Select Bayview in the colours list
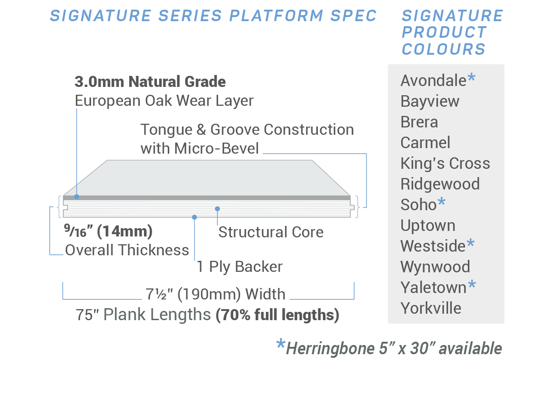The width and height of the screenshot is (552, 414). tap(430, 102)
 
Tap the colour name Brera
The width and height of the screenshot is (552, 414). tap(419, 122)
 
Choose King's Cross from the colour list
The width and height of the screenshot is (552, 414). tap(445, 163)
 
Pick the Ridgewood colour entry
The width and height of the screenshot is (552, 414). tap(440, 184)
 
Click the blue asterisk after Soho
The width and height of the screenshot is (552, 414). tap(441, 202)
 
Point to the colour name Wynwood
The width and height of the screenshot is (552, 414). tap(435, 267)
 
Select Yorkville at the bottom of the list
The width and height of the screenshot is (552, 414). tap(431, 308)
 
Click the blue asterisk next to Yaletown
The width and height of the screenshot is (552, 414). tap(472, 285)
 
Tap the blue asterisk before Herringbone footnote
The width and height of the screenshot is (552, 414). tap(281, 344)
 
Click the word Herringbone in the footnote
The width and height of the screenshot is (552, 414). tap(330, 349)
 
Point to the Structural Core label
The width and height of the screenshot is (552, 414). tap(271, 232)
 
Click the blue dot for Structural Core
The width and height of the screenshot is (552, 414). tap(217, 209)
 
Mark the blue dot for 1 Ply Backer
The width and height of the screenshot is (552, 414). tap(195, 217)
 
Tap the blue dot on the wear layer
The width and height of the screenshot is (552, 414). tap(77, 196)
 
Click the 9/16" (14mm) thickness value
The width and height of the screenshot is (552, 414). tap(108, 231)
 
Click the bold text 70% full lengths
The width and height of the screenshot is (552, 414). tap(277, 315)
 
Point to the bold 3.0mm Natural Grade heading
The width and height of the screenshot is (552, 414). tap(150, 82)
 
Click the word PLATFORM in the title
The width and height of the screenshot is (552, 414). tap(276, 16)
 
